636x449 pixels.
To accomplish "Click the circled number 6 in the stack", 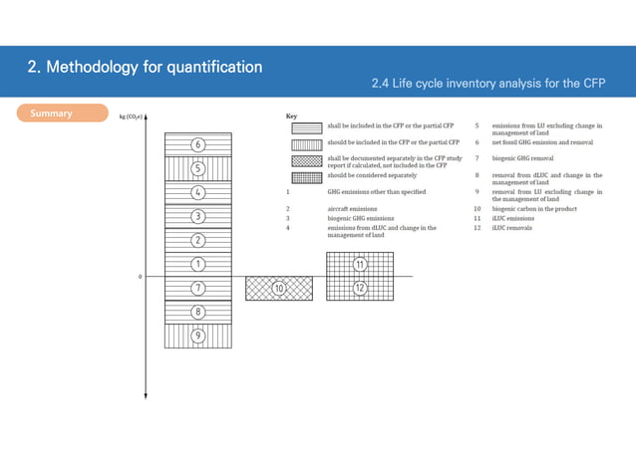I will click(198, 144).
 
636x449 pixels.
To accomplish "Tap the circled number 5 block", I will click(198, 168).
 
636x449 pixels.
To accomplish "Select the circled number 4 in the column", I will click(198, 192).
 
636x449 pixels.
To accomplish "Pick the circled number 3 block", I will click(198, 216).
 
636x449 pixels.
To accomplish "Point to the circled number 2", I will click(198, 240).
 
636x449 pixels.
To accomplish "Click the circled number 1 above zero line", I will click(198, 264).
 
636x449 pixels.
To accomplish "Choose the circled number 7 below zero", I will click(198, 288).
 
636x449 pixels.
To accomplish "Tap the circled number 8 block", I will click(198, 312).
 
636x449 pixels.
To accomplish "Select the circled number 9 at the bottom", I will click(198, 336).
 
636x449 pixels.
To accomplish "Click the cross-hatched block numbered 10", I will click(279, 288).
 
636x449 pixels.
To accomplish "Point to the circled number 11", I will click(359, 264).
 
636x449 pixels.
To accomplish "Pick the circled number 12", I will click(359, 288).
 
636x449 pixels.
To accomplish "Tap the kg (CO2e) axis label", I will click(130, 115).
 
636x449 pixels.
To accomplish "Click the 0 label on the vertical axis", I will click(140, 276).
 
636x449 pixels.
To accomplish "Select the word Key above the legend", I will click(291, 115).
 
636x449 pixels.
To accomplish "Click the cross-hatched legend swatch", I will click(307, 159).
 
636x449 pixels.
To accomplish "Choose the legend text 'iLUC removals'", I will click(511, 228).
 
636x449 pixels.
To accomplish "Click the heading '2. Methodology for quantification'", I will click(145, 68).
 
